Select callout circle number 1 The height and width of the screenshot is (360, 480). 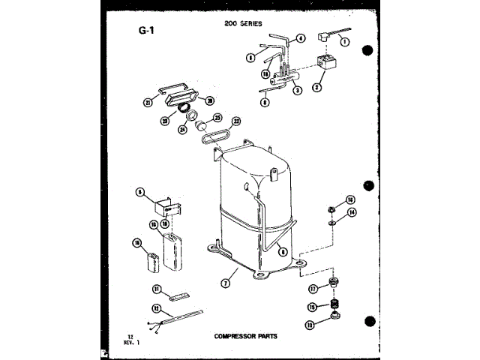click(345, 43)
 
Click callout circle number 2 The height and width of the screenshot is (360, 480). click(317, 87)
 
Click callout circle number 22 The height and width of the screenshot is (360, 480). click(237, 121)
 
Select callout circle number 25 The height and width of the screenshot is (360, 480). click(217, 118)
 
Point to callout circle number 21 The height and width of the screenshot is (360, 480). click(148, 102)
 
